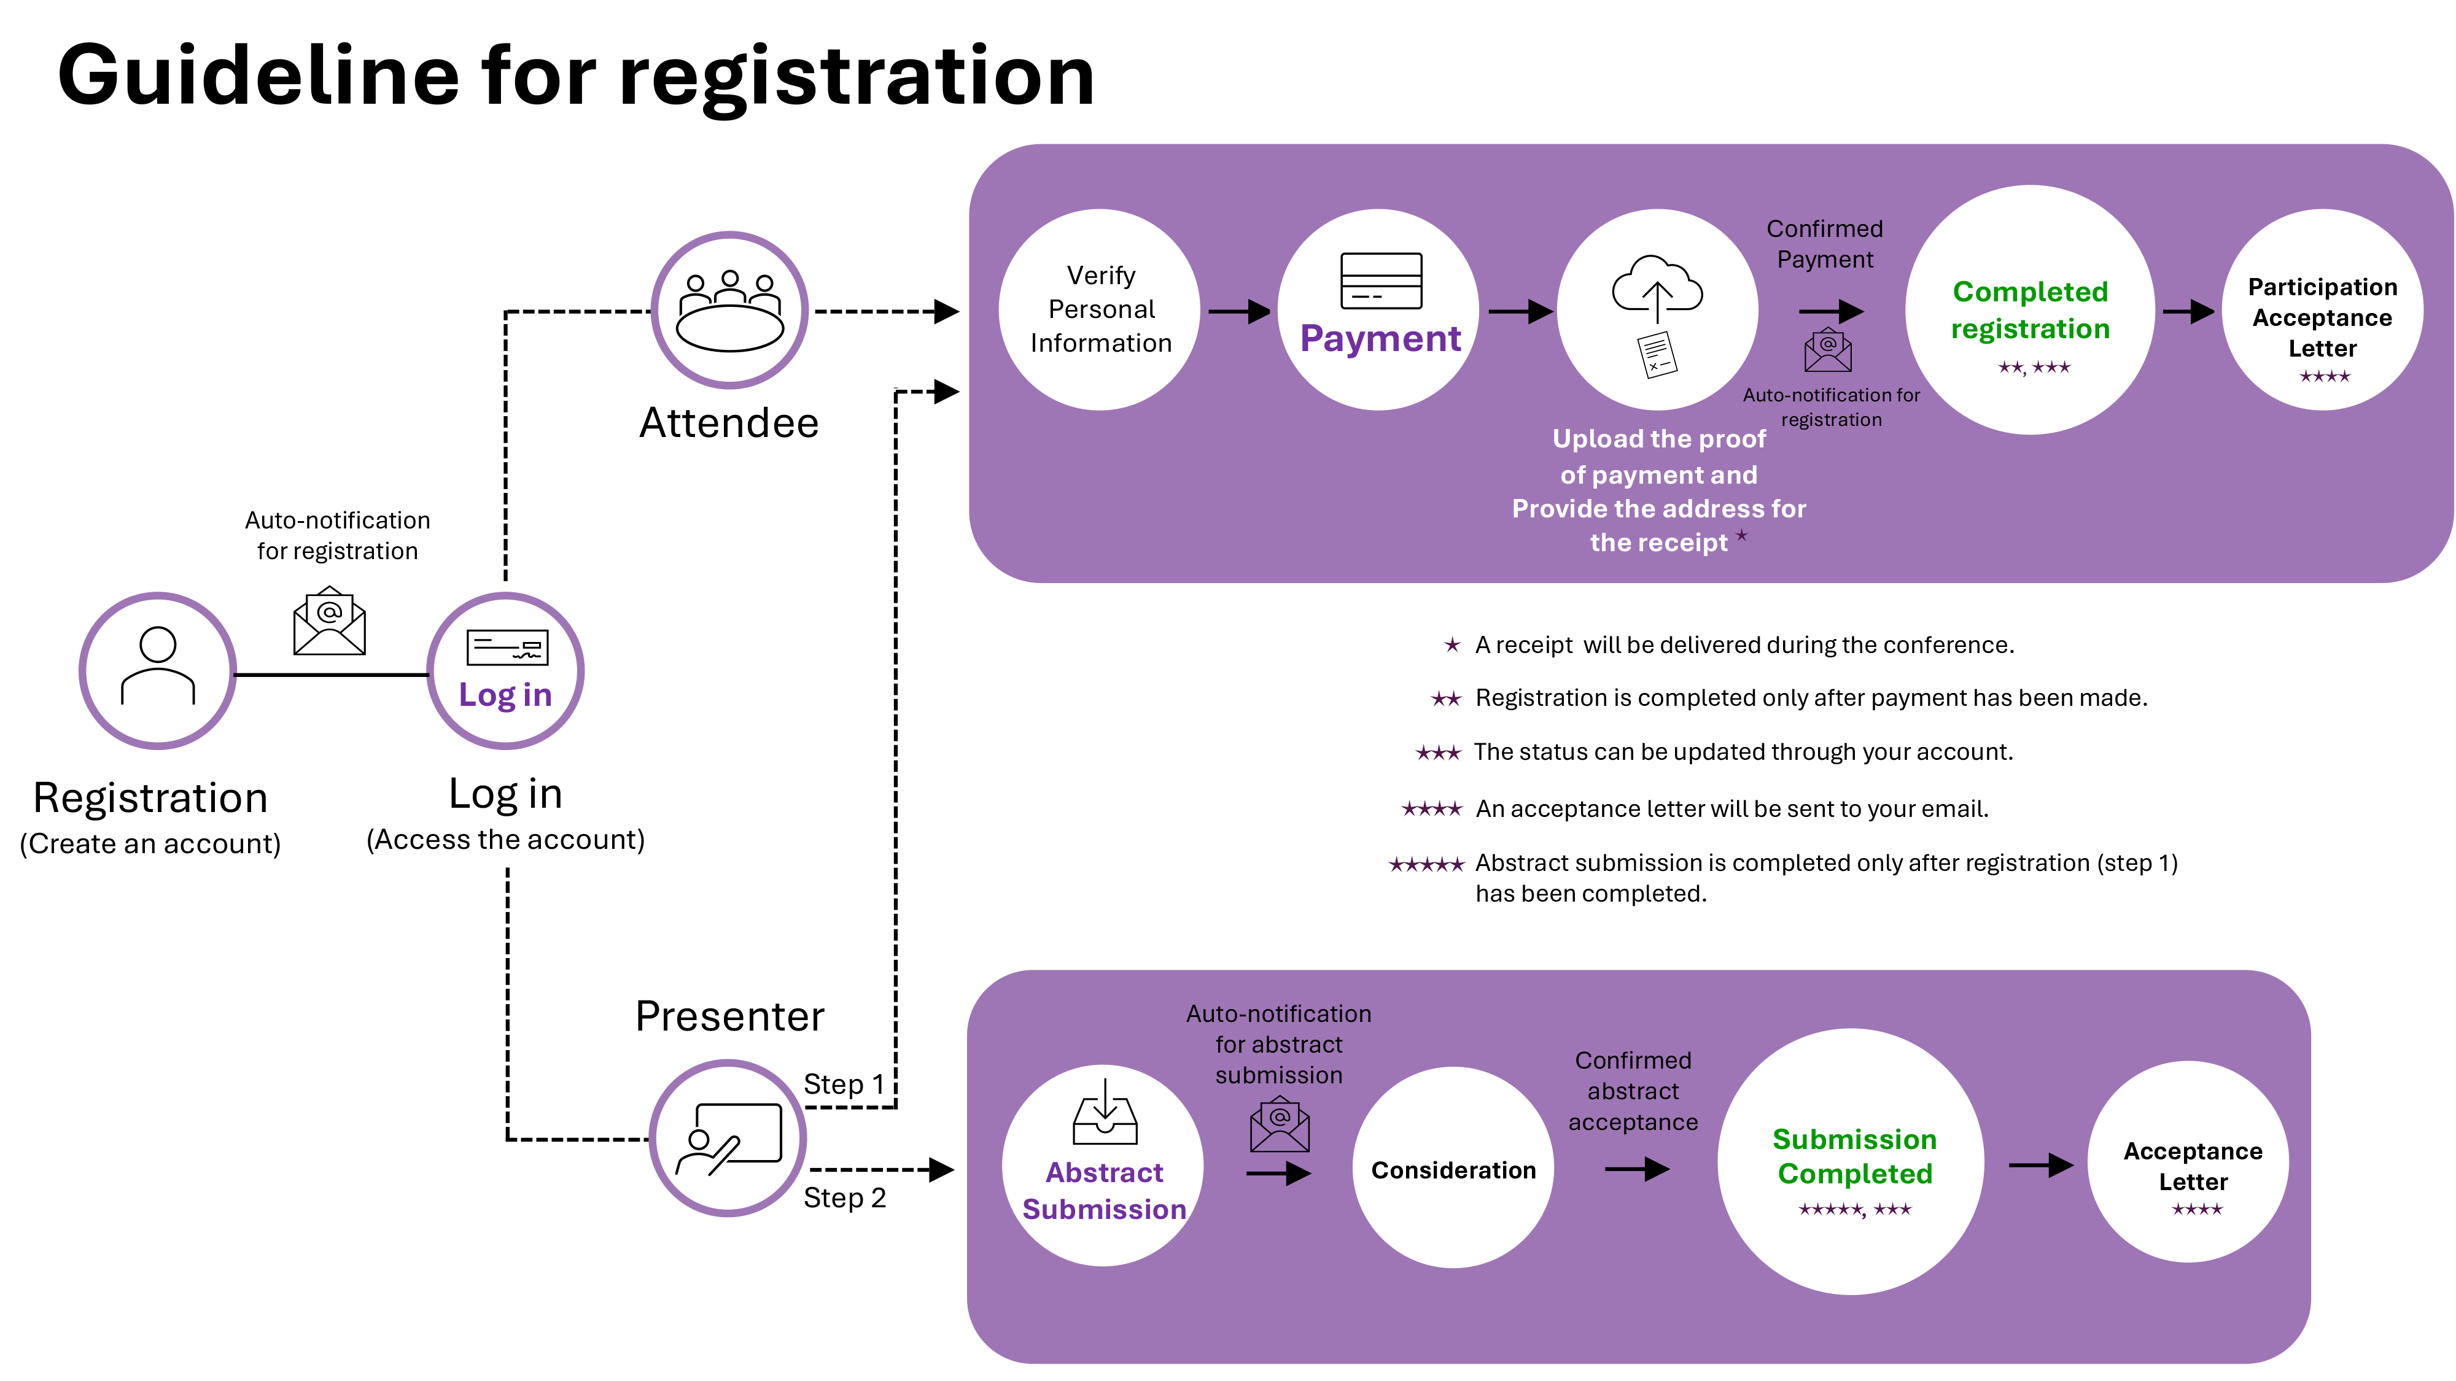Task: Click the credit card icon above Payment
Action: (x=1380, y=280)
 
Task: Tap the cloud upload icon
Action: (x=1657, y=286)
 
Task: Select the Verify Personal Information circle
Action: (x=1100, y=310)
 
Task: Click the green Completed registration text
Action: (x=2030, y=310)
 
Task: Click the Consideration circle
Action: (x=1453, y=1169)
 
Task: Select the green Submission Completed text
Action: (x=1854, y=1156)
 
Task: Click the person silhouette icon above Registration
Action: (x=158, y=666)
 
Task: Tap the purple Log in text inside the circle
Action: (x=505, y=695)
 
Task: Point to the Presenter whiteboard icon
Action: (x=728, y=1139)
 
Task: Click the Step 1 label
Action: (x=844, y=1084)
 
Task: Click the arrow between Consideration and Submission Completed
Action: (x=1636, y=1169)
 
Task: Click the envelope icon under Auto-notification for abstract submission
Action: (x=1280, y=1126)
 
